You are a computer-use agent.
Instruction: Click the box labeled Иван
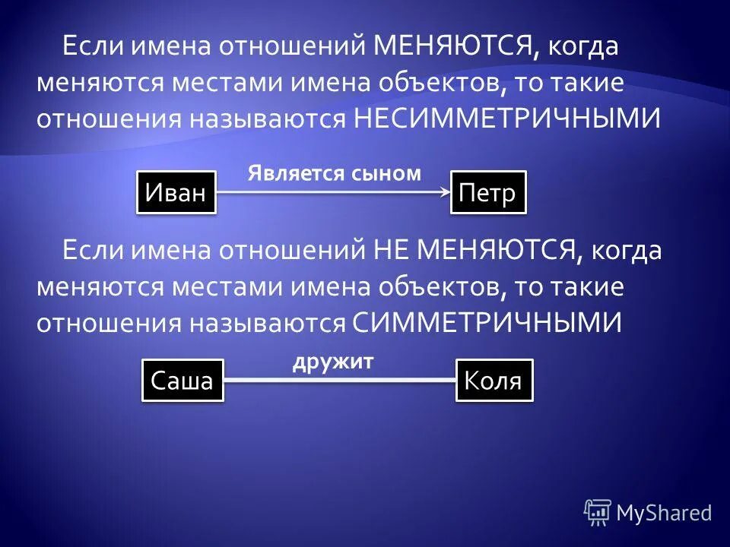176,193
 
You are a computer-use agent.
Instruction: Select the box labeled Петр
487,193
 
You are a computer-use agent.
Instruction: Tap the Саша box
182,381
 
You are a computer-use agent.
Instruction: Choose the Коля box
494,381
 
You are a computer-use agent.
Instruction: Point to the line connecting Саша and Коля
339,380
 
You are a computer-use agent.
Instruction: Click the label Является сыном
334,173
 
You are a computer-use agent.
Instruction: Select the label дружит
333,362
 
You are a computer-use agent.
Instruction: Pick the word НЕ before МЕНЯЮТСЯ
392,250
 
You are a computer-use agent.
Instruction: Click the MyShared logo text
664,513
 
